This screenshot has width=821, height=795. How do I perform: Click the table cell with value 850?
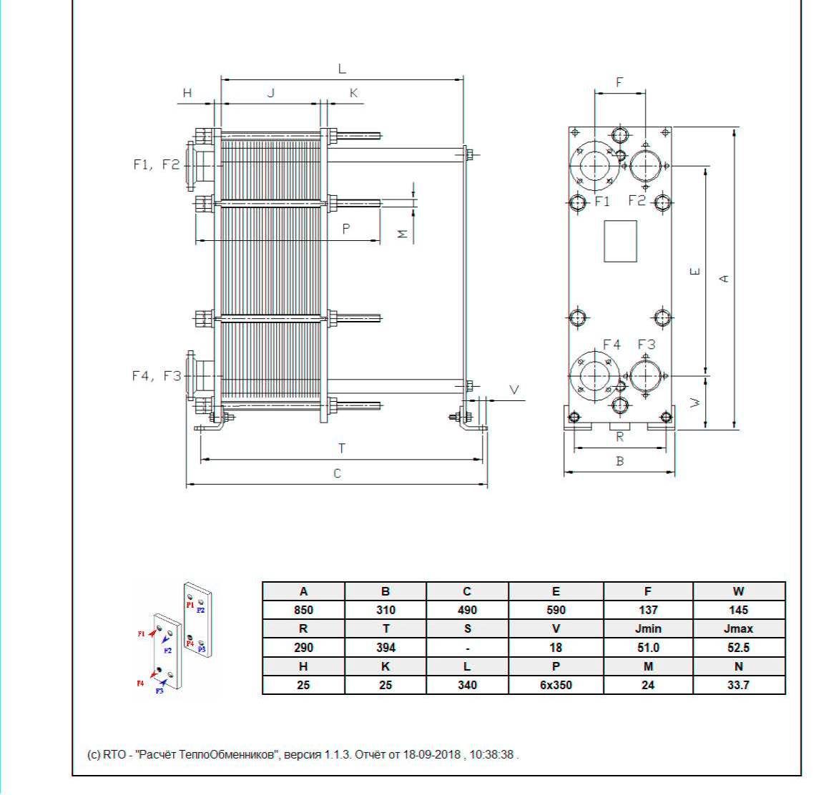(303, 610)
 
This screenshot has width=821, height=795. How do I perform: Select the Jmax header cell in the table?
(738, 628)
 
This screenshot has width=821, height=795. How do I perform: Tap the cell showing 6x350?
(556, 685)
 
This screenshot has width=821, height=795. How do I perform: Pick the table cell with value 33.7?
(738, 685)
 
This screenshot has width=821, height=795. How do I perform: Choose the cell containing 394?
(385, 648)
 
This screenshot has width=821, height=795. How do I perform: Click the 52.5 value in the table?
(738, 648)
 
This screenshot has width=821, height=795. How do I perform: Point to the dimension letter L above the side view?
(342, 69)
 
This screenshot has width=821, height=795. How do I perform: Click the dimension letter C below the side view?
(338, 473)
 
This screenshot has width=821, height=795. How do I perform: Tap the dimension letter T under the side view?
(341, 448)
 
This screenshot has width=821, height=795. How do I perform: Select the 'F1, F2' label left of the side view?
(156, 164)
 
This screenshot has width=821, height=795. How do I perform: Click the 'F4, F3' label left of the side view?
(156, 376)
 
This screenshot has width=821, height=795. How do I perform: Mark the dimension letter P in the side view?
(345, 229)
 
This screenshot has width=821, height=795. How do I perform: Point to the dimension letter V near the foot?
(514, 390)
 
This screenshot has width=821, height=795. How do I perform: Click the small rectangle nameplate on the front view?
(620, 241)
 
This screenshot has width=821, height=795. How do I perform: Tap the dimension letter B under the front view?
(620, 461)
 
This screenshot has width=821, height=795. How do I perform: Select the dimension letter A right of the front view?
(724, 278)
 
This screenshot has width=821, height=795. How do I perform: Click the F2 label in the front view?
(636, 200)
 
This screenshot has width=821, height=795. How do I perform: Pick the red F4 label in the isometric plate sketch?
(139, 683)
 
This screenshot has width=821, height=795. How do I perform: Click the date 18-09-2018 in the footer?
(431, 754)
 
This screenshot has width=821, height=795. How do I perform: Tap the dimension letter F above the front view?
(619, 82)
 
